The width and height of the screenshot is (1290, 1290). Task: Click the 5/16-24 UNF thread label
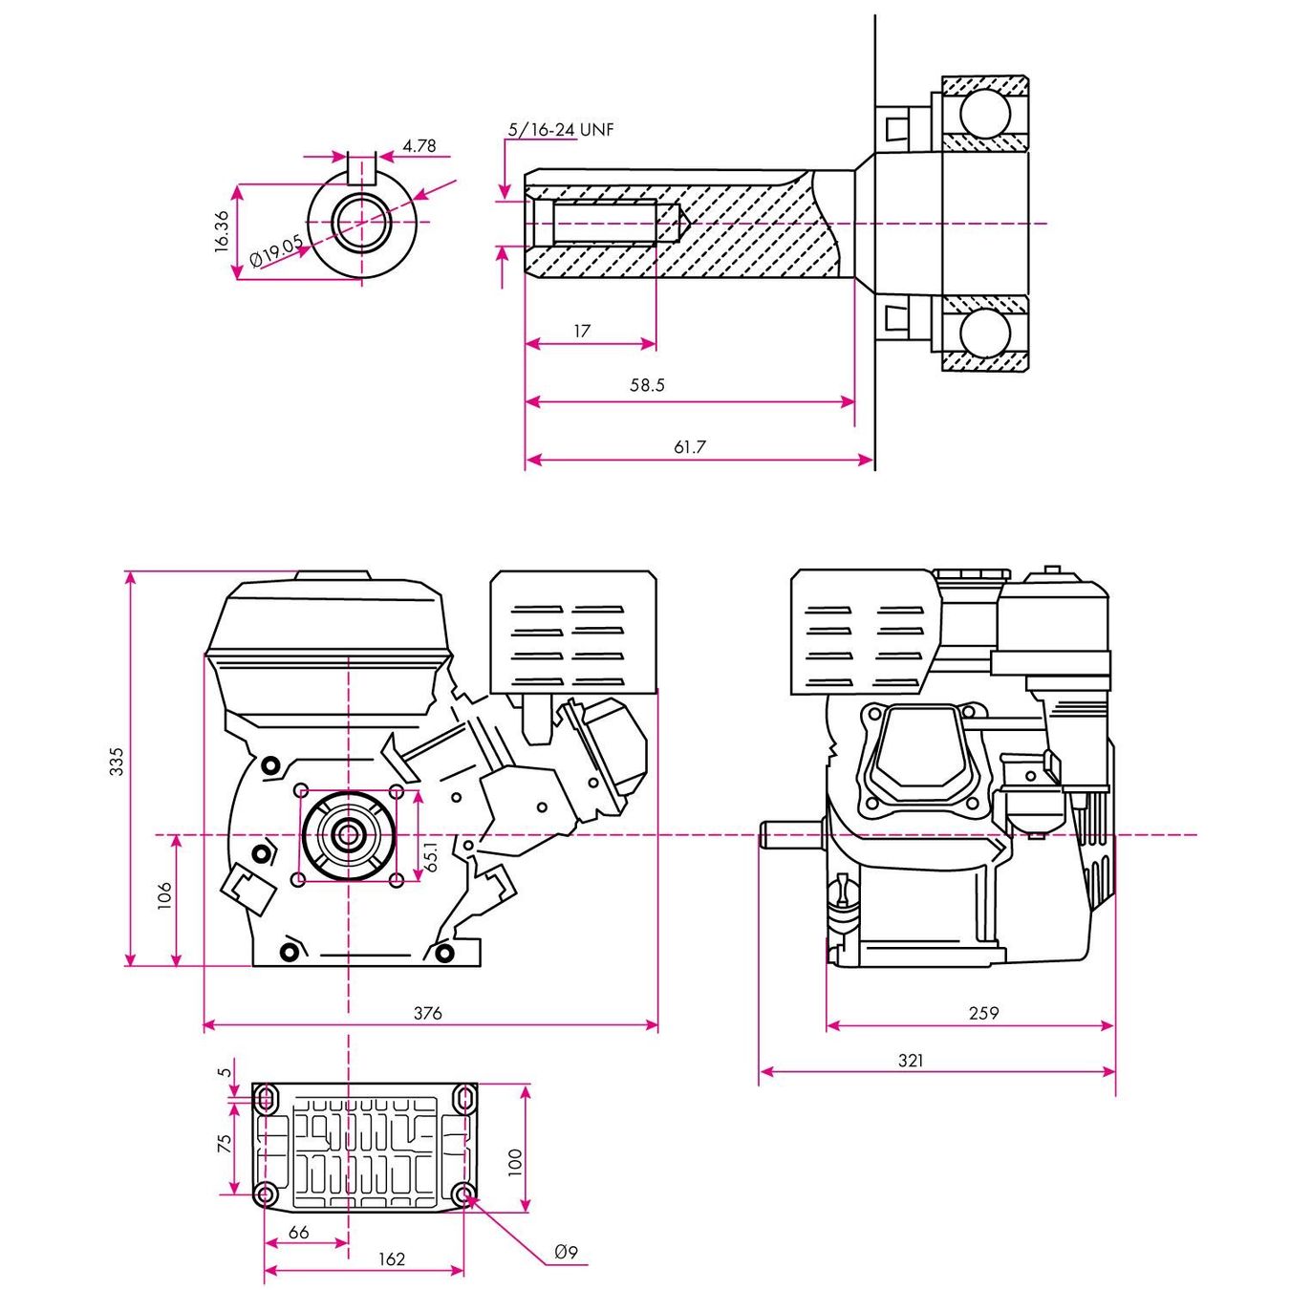pos(561,129)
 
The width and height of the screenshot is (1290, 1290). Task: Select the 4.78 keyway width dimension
pos(419,146)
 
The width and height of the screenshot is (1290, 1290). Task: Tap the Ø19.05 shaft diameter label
pos(276,251)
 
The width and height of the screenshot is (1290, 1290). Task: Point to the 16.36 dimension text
pos(222,231)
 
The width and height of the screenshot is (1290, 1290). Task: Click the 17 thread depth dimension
pos(582,331)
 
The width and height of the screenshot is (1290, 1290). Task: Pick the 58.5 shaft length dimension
pos(647,385)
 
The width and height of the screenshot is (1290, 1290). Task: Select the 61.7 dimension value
pos(690,446)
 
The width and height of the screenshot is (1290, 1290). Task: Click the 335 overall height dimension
pos(117,762)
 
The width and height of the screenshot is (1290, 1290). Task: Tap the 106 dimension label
pos(164,895)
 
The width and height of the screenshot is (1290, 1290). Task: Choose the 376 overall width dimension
pos(427,1013)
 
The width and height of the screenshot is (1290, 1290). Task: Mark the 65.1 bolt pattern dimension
pos(431,856)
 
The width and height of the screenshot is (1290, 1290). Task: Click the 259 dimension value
pos(983,1013)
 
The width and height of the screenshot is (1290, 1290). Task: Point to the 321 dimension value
pos(911,1061)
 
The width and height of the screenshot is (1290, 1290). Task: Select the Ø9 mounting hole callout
pos(566,1252)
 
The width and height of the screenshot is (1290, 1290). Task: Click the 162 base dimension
pos(392,1259)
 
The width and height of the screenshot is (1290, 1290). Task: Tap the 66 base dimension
pos(298,1233)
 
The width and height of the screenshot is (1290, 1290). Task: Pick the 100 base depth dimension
pos(515,1162)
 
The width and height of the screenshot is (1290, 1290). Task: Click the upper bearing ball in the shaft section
pos(984,114)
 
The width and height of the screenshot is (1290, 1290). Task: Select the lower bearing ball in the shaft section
pos(984,333)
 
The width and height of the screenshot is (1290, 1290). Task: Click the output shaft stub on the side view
pos(791,835)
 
